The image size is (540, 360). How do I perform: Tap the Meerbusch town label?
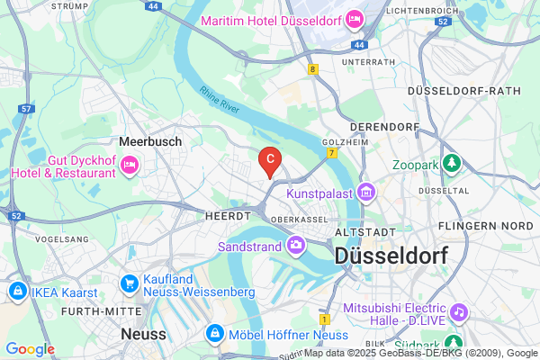pos(150,141)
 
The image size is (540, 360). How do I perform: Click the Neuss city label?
pos(143,333)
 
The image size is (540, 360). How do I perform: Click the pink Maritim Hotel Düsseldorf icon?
pos(355,19)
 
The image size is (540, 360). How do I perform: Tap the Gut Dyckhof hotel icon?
pos(130,164)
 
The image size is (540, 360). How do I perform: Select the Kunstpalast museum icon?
pos(364,193)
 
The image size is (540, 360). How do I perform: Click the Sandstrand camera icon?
pos(295,244)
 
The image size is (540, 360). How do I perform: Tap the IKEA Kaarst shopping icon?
pos(17,292)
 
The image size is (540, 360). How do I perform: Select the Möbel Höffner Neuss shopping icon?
pos(215,335)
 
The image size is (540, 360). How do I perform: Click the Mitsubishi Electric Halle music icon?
pos(459,310)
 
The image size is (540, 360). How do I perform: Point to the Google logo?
pos(30,349)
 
